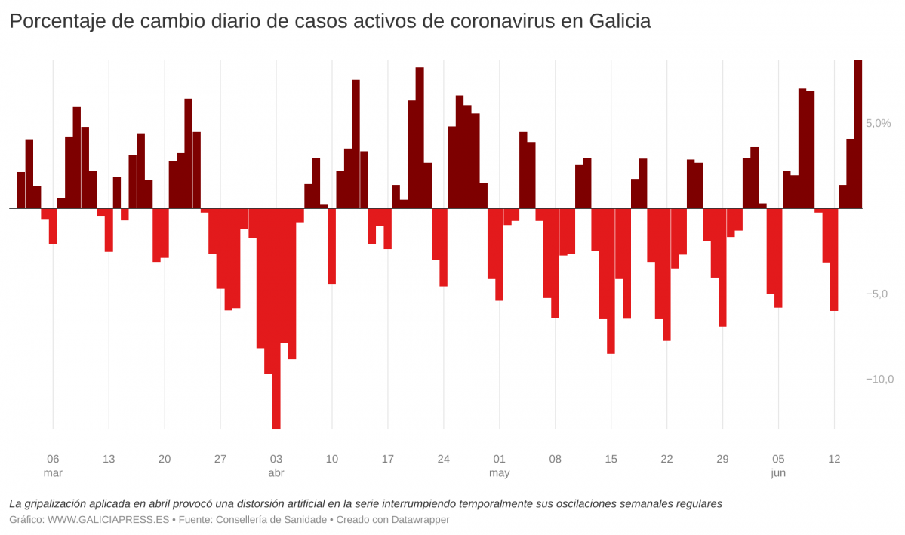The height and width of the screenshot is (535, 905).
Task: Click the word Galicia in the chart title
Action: (616, 22)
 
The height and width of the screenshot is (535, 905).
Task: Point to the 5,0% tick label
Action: (879, 123)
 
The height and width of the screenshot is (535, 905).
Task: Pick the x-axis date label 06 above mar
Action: (53, 459)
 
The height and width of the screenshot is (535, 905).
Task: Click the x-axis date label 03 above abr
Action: (276, 459)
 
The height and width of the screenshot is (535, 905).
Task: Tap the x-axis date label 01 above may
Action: (499, 459)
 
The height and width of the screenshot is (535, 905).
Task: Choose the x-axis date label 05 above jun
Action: (778, 459)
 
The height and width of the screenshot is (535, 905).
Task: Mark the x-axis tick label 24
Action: (444, 459)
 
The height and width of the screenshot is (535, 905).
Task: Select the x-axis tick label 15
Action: (611, 459)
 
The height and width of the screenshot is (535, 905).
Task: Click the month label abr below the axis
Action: (276, 473)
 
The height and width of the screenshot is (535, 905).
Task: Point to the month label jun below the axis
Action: (778, 473)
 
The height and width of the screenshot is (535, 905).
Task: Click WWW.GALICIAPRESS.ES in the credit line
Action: (109, 520)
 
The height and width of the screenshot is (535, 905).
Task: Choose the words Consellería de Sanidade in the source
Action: (273, 520)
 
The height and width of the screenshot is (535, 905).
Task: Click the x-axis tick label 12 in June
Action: (834, 459)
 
